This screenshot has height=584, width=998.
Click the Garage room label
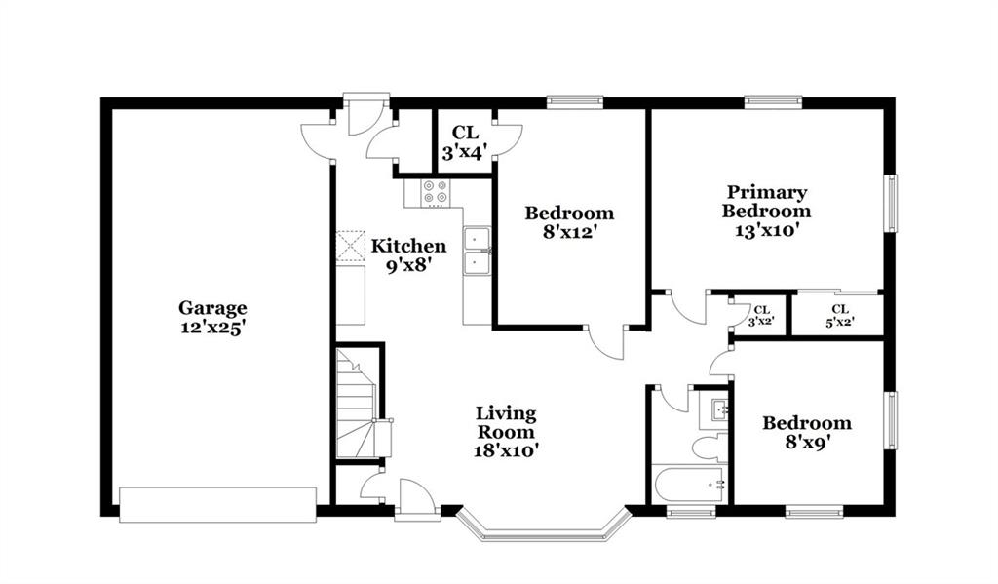click(x=211, y=308)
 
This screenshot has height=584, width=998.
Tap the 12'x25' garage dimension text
click(x=211, y=328)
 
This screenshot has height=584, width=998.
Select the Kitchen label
click(x=408, y=246)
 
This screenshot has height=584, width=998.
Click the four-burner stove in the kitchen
click(x=436, y=193)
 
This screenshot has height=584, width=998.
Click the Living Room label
click(x=506, y=422)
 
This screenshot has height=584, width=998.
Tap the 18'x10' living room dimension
click(x=506, y=450)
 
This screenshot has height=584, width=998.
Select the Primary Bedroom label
click(x=766, y=201)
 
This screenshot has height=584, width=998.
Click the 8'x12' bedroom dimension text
click(x=569, y=232)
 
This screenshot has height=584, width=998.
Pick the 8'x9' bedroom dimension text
click(x=807, y=442)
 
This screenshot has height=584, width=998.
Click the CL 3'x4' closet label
click(x=465, y=142)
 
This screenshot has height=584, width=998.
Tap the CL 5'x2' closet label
click(x=840, y=316)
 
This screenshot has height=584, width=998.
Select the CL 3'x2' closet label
click(x=761, y=316)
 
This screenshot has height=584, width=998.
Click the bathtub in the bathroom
click(x=689, y=484)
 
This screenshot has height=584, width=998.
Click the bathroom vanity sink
click(x=714, y=409)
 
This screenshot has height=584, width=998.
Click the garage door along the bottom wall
click(x=217, y=505)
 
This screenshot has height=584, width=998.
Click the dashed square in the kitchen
click(x=351, y=246)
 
